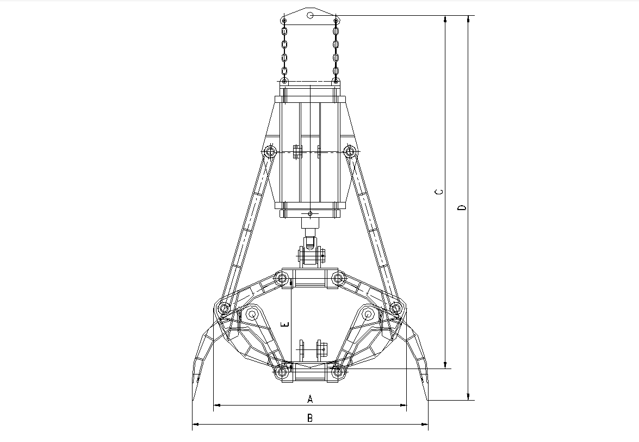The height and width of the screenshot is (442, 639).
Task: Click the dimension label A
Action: pyautogui.click(x=310, y=399)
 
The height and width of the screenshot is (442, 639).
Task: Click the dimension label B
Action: pyautogui.click(x=310, y=418)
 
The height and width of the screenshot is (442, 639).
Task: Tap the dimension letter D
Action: pyautogui.click(x=462, y=207)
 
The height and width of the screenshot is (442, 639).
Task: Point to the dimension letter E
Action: pyautogui.click(x=286, y=324)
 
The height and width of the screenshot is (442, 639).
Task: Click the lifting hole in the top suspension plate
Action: pyautogui.click(x=309, y=15)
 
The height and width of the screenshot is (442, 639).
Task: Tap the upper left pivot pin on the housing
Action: pyautogui.click(x=269, y=152)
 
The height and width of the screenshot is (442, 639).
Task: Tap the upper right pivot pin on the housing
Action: pyautogui.click(x=351, y=152)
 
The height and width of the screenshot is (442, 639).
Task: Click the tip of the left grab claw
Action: pyautogui.click(x=194, y=400)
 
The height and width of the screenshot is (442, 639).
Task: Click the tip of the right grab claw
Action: pyautogui.click(x=427, y=400)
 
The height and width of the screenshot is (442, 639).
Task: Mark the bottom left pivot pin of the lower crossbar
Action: pyautogui.click(x=282, y=373)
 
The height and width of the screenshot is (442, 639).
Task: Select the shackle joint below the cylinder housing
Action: pyautogui.click(x=310, y=255)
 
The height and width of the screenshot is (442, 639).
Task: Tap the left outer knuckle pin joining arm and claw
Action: pyautogui.click(x=223, y=309)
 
